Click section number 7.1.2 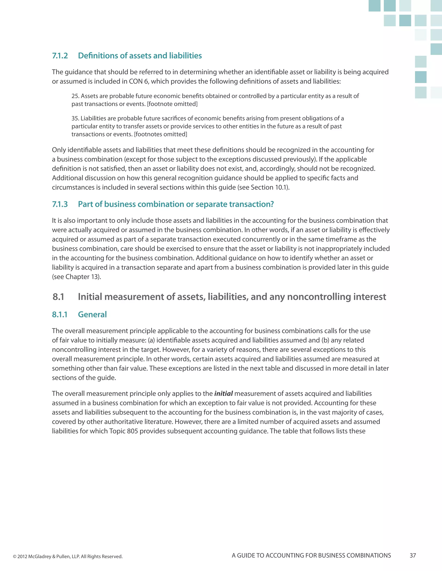[x=60, y=56]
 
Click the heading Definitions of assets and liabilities [x=140, y=56]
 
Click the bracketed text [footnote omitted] [x=172, y=104]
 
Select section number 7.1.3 [x=60, y=204]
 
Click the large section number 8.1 [x=58, y=297]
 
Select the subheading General [x=92, y=315]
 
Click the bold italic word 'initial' [x=223, y=393]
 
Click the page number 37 [x=413, y=555]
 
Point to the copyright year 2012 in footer [x=22, y=556]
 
